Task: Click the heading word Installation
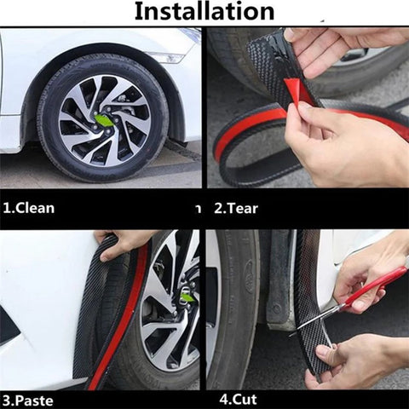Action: click(204, 12)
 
